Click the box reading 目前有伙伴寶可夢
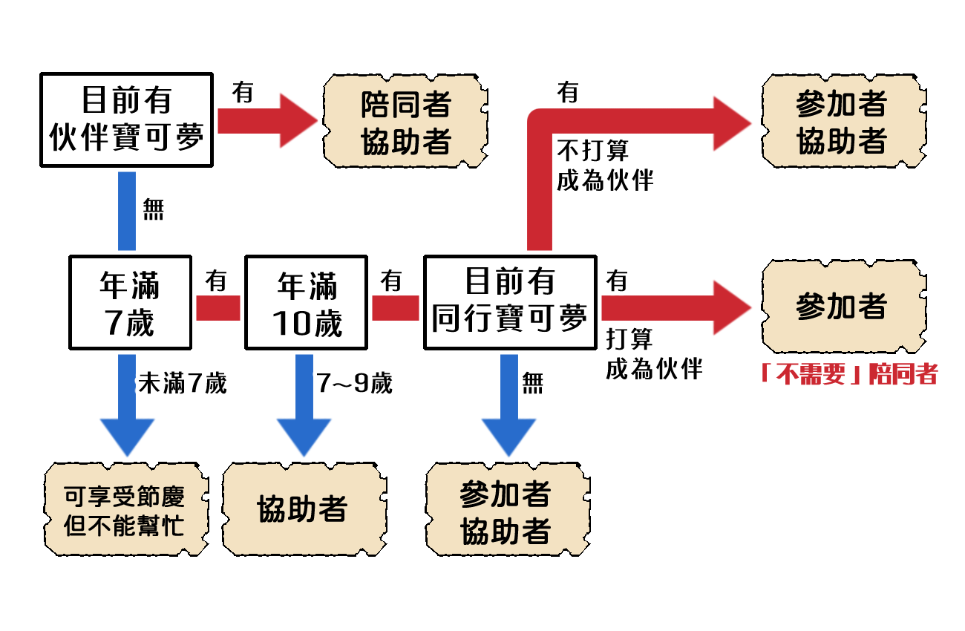coord(126,120)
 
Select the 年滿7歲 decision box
coord(130,303)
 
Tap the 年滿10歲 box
coord(306,303)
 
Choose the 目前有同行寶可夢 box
coord(510,303)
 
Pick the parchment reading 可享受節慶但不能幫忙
coord(125,510)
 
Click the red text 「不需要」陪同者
coord(848,373)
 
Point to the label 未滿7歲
coord(182,384)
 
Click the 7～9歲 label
coord(354,384)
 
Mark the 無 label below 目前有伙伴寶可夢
coord(153,210)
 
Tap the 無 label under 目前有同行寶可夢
coord(532,383)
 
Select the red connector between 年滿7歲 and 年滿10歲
coord(217,307)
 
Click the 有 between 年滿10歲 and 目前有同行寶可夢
coord(391,281)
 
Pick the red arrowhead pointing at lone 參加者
coord(731,307)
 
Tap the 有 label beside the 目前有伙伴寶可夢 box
coord(243,93)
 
